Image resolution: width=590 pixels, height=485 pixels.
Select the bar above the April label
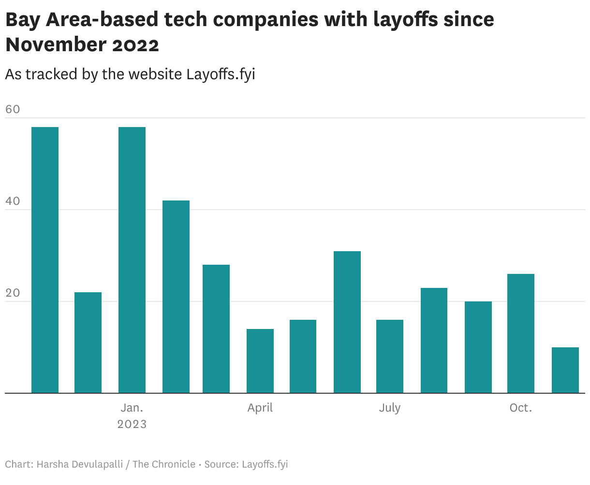coord(260,361)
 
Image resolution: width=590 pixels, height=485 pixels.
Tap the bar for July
coord(390,356)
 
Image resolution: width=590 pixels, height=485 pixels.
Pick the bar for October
coord(521,333)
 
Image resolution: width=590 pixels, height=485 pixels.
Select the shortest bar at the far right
coord(565,370)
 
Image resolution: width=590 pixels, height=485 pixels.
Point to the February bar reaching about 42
coord(176,297)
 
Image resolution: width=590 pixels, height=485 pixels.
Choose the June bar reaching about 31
coord(347,322)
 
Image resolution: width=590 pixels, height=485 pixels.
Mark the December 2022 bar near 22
coord(88,342)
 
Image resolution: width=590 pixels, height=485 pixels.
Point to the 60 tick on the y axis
coord(13,109)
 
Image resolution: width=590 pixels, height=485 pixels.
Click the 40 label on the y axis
coord(13,201)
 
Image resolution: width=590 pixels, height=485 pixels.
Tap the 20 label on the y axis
coord(13,293)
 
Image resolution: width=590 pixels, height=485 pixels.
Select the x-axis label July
coord(390,408)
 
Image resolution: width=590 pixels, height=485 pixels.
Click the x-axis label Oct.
coord(521,408)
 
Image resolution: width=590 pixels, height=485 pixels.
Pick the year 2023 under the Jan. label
coord(132,424)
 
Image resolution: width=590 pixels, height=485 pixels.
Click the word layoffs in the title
coord(409,19)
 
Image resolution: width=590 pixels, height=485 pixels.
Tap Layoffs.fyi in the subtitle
coord(221,74)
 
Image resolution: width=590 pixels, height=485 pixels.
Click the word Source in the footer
coord(221,464)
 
